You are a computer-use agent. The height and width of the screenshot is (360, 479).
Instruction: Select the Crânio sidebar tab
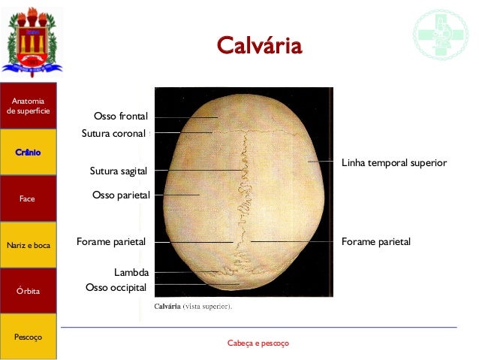click(28, 153)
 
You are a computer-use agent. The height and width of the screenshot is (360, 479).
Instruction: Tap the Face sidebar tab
click(28, 199)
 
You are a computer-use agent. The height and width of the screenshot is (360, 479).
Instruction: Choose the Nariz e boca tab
click(28, 245)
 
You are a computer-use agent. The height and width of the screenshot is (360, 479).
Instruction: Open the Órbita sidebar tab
click(28, 291)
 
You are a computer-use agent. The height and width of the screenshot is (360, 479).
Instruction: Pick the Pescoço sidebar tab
click(28, 337)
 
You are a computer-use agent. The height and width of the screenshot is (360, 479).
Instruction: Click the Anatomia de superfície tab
click(28, 106)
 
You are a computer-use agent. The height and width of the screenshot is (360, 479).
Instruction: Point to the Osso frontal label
click(121, 116)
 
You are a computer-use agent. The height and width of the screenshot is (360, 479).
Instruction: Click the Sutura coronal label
click(113, 134)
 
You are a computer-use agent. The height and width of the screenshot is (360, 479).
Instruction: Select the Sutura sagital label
click(119, 171)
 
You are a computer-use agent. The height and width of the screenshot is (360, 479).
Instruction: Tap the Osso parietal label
click(121, 195)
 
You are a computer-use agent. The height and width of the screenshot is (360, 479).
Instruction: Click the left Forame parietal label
click(111, 242)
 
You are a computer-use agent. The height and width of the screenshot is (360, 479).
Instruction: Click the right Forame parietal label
click(376, 242)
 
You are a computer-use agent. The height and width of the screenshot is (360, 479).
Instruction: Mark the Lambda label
click(131, 272)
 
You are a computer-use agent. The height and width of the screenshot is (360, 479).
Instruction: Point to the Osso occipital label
click(116, 287)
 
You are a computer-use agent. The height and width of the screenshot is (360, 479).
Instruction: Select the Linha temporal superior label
click(394, 162)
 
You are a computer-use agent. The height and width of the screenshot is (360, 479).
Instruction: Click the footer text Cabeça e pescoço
click(258, 343)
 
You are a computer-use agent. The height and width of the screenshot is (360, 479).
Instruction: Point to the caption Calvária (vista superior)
click(194, 307)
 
